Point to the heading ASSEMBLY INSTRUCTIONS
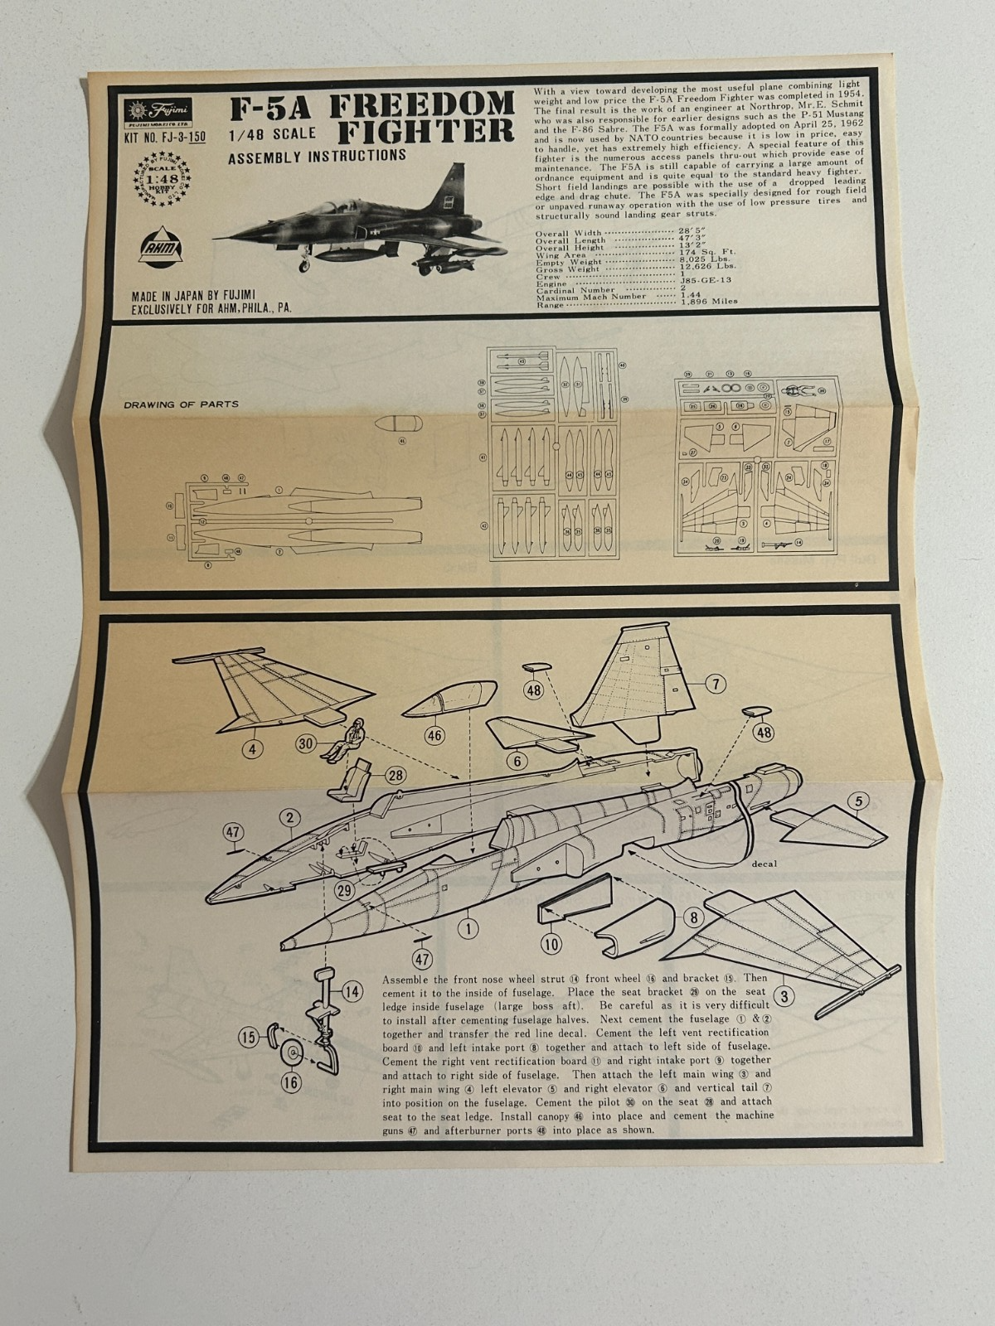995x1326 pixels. (317, 155)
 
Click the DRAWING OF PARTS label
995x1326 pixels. (182, 404)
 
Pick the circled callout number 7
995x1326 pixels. (715, 685)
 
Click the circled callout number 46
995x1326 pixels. (434, 735)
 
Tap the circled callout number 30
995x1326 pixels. (307, 744)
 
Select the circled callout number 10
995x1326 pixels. (551, 942)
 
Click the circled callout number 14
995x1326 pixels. (352, 990)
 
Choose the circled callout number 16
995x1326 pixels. (291, 1082)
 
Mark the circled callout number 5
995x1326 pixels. (858, 801)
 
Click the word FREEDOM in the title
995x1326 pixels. (422, 105)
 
